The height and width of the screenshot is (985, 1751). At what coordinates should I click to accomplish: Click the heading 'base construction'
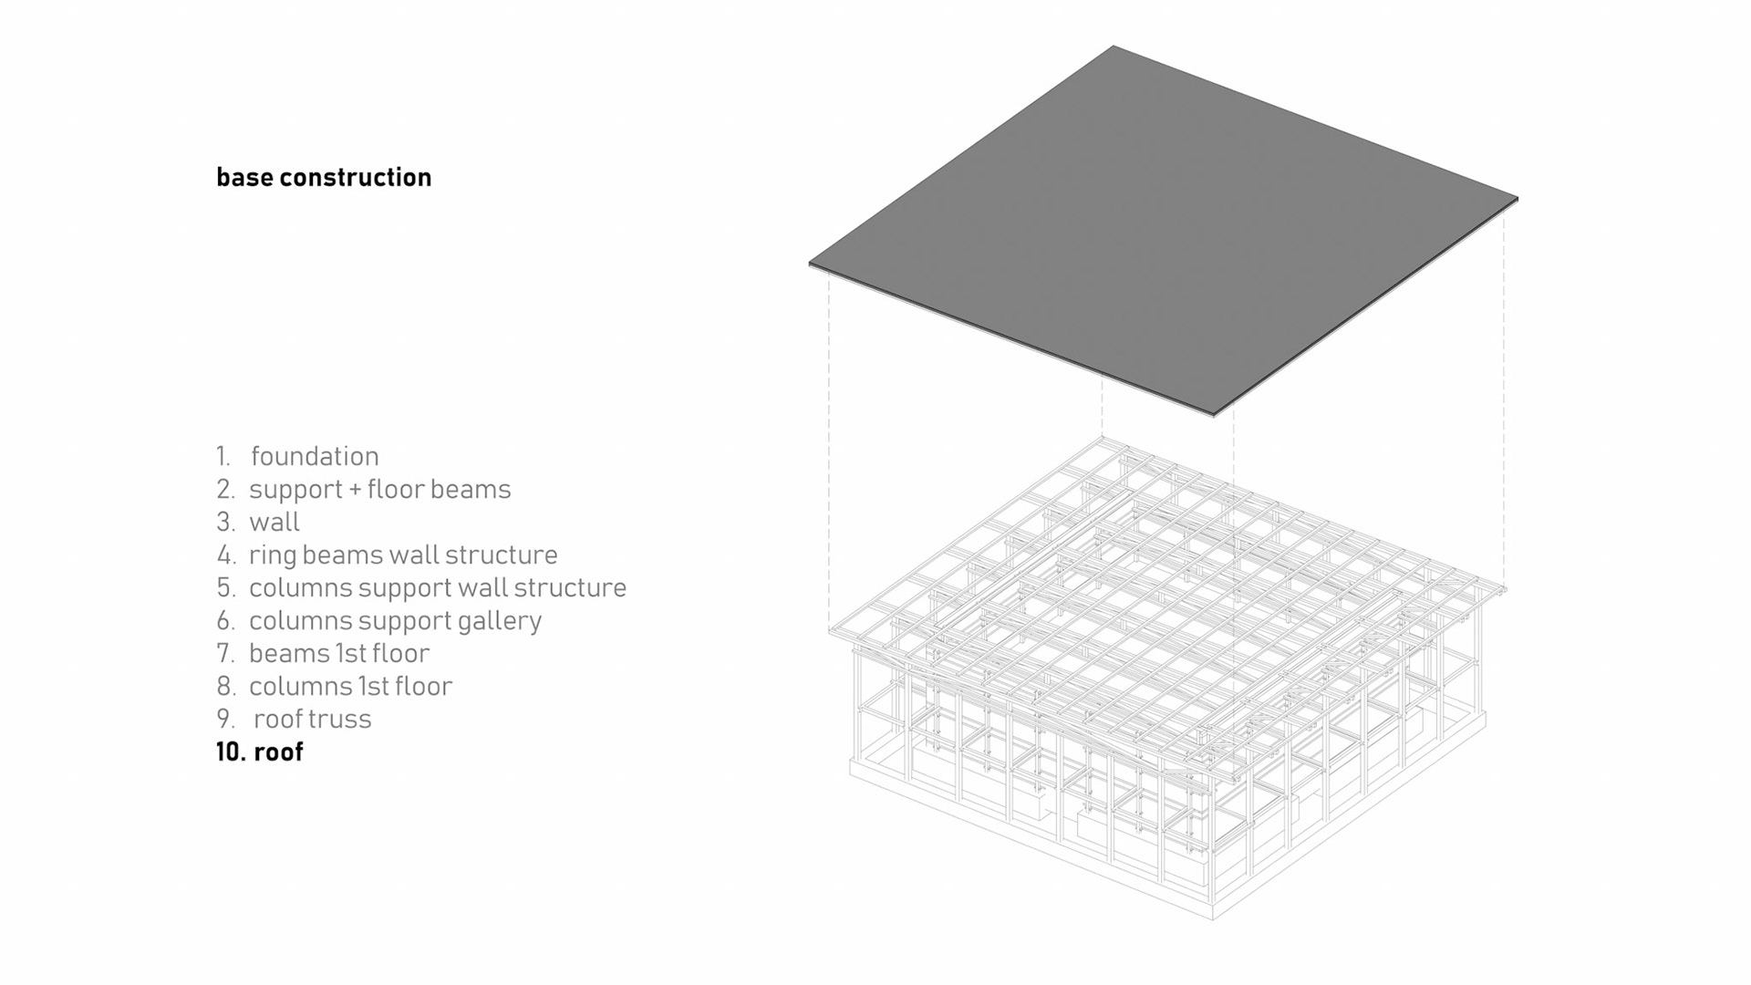(324, 177)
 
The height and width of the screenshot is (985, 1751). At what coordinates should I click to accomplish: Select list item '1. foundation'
(297, 456)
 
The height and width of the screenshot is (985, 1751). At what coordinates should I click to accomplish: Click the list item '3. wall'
(258, 522)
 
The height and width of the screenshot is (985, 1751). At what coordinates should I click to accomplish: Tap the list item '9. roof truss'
(294, 719)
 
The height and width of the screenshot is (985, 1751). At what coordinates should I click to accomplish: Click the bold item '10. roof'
(260, 752)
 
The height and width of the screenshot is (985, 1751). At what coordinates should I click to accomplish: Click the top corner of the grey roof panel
(1114, 48)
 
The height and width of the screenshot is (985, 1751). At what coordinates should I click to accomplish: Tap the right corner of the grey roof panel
(1515, 199)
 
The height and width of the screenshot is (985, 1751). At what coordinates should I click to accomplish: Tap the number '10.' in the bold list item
(231, 752)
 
